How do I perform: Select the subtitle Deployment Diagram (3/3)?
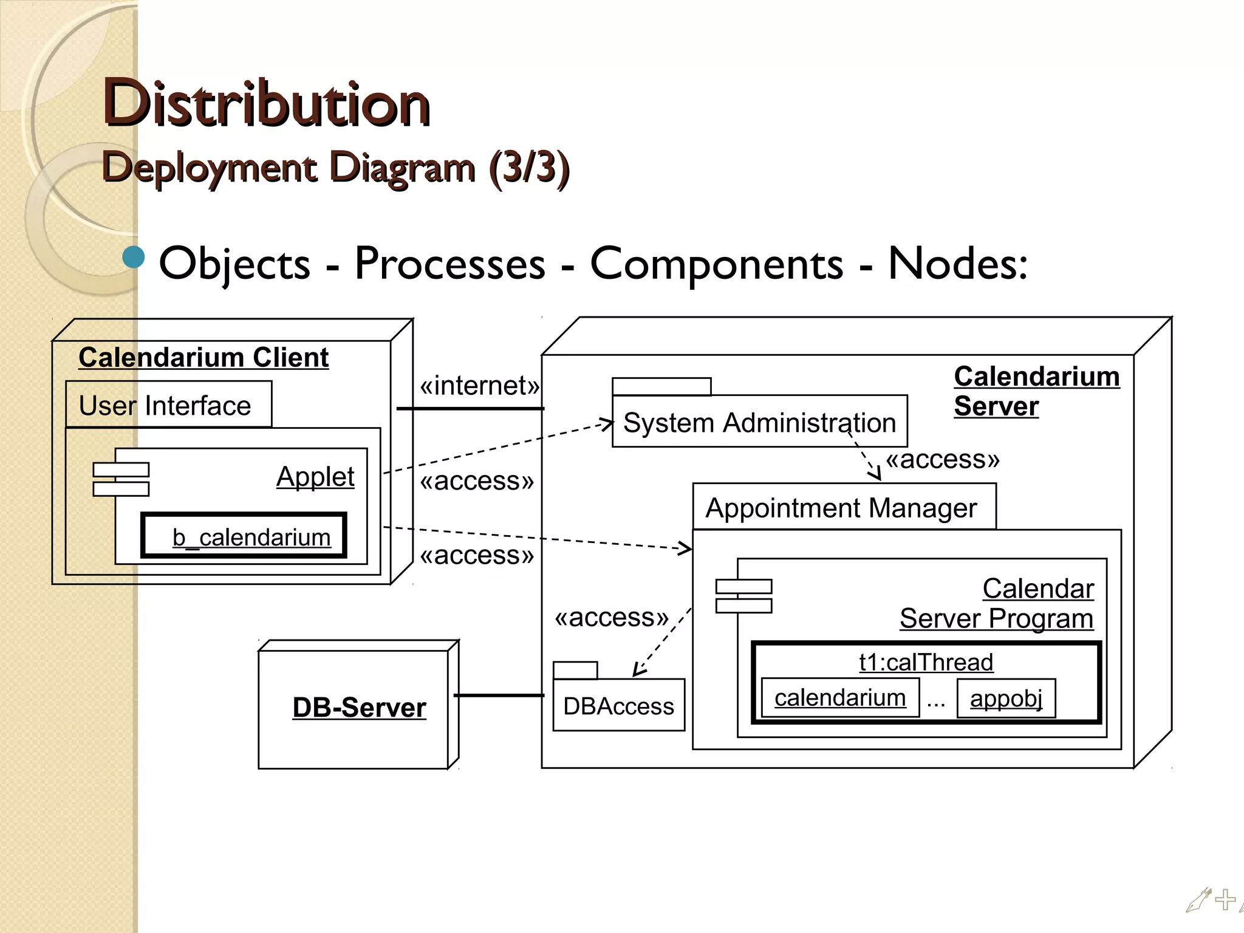(335, 167)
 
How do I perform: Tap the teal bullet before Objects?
(134, 258)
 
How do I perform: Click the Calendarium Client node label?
(203, 357)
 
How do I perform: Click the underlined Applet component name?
(315, 476)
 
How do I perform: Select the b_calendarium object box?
(244, 536)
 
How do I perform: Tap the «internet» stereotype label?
(479, 385)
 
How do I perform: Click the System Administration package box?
(759, 422)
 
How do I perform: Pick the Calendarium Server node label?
(1036, 391)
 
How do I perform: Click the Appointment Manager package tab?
(842, 508)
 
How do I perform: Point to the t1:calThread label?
(926, 661)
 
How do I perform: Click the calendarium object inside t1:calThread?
(840, 697)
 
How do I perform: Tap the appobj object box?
(1006, 698)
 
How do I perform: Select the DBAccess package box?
(618, 706)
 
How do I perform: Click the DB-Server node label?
(359, 708)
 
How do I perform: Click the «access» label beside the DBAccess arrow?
(611, 617)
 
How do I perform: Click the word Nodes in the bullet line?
(957, 264)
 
